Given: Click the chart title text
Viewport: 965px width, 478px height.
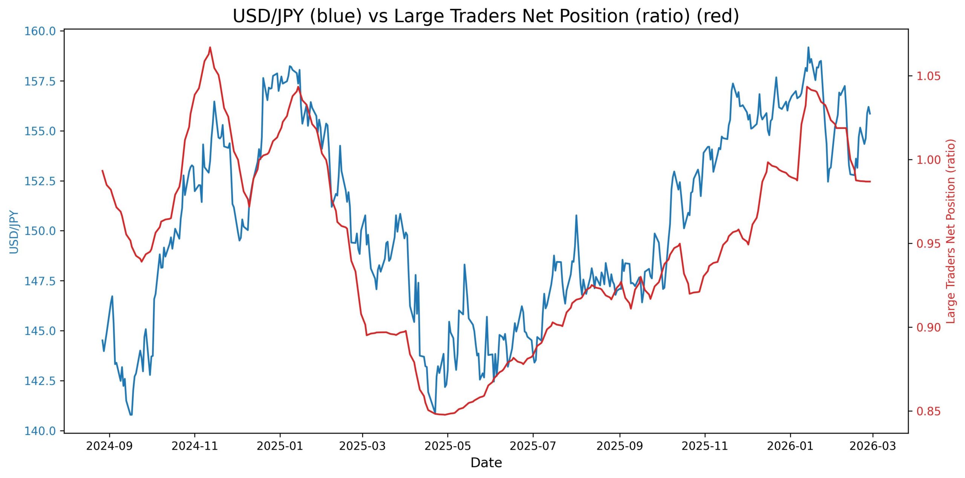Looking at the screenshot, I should tap(486, 16).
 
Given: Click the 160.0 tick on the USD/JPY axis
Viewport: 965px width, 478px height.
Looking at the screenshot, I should tap(40, 31).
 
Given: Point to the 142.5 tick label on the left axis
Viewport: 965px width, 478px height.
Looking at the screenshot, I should tap(40, 381).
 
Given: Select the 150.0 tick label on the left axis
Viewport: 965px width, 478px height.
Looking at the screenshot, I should tap(40, 231).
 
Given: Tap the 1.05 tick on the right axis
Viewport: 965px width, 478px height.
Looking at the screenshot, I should tap(928, 76).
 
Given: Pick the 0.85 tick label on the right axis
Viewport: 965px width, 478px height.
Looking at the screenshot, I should tap(928, 411).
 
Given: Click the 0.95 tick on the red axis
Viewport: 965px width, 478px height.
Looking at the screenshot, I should tap(928, 244).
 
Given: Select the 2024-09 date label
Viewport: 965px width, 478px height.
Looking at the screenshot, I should tap(109, 446).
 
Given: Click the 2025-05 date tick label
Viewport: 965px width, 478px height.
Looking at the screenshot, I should tap(447, 446).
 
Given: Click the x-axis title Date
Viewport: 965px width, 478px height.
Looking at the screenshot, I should tap(486, 463).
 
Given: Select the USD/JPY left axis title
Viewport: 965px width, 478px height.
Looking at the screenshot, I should tap(14, 231).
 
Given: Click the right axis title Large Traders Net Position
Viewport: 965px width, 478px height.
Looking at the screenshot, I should tap(951, 231).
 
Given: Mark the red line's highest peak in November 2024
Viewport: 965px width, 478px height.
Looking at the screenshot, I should tap(210, 47).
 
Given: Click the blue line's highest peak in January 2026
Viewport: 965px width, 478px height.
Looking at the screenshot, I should tap(808, 47).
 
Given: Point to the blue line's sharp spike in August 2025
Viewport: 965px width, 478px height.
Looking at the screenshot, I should tap(576, 215).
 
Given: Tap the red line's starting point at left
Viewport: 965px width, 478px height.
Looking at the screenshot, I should tap(103, 170).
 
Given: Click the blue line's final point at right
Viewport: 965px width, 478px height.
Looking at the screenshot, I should tap(870, 113).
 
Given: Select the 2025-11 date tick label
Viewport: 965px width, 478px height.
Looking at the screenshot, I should tap(705, 446).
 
